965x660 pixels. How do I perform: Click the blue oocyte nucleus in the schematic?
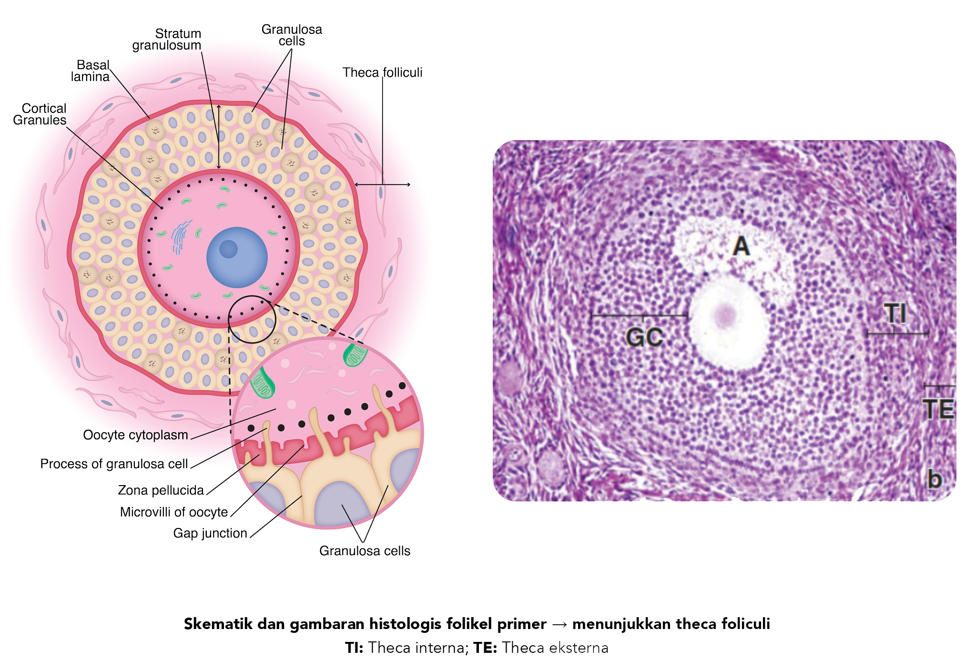[x=237, y=257]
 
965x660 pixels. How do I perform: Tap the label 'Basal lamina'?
[x=91, y=71]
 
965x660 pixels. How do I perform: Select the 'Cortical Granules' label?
[x=40, y=114]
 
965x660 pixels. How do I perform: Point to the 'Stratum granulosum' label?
[x=167, y=40]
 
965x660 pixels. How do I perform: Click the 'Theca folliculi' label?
[x=382, y=72]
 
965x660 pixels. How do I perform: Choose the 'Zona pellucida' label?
[x=161, y=490]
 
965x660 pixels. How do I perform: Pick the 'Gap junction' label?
[x=210, y=533]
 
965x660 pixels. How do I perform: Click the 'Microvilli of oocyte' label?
[x=174, y=512]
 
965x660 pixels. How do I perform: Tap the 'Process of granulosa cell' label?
[x=114, y=464]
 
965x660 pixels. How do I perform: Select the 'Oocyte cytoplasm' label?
[x=135, y=435]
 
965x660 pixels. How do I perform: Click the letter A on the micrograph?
[x=741, y=246]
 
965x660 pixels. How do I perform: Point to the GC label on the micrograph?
[x=644, y=337]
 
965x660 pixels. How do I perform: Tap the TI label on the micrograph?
[x=895, y=314]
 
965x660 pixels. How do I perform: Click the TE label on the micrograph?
[x=938, y=409]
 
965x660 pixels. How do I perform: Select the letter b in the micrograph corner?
[x=935, y=478]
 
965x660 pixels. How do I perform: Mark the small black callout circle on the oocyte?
[x=252, y=319]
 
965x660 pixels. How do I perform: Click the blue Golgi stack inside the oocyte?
[x=181, y=236]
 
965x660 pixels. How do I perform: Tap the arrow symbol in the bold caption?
[x=559, y=624]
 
